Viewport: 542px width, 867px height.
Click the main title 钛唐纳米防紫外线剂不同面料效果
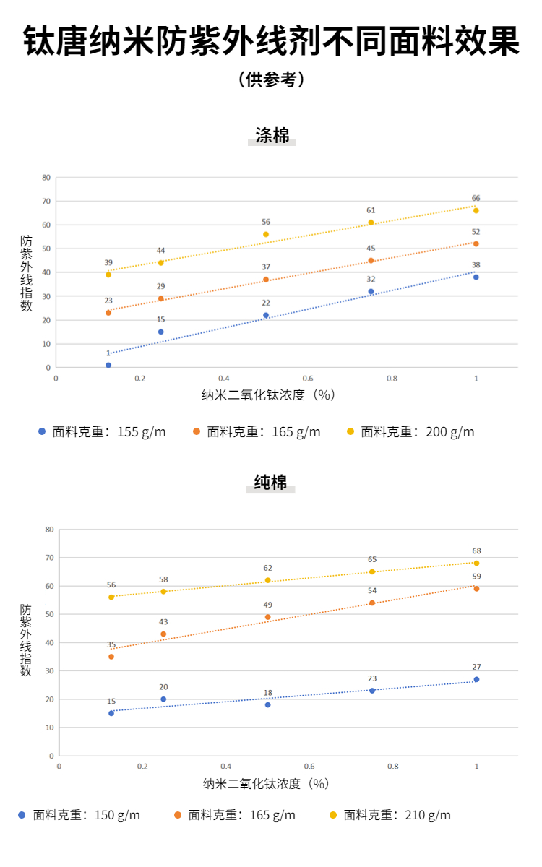tap(271, 41)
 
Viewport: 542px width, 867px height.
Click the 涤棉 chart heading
tap(272, 135)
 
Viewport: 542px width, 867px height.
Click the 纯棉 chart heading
tap(271, 483)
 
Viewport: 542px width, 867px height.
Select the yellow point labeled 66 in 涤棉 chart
tap(476, 210)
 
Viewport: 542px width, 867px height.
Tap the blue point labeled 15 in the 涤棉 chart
tap(160, 332)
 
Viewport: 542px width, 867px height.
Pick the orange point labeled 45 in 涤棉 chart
tap(371, 260)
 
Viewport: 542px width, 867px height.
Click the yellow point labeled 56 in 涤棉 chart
tap(266, 234)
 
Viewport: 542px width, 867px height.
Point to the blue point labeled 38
tap(476, 277)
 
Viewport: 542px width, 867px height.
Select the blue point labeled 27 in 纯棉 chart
tap(476, 679)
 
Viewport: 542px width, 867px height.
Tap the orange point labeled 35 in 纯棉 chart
tap(111, 657)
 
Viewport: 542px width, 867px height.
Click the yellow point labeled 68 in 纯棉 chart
tap(476, 563)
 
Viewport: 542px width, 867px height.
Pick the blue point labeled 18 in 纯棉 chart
tap(267, 704)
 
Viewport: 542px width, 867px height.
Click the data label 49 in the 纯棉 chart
tap(267, 605)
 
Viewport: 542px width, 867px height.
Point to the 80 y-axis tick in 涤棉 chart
tap(46, 177)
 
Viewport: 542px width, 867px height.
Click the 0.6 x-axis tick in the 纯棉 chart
tap(309, 766)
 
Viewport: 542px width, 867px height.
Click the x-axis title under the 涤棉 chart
tap(269, 394)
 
